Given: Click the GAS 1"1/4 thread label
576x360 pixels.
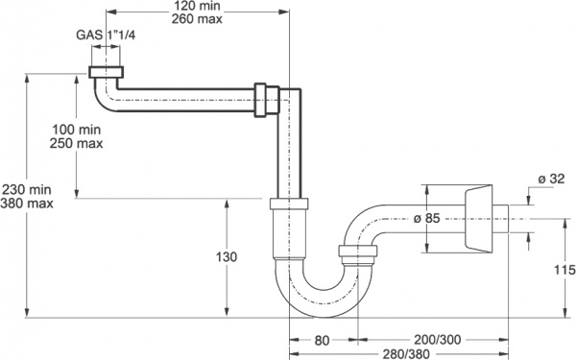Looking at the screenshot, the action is pyautogui.click(x=106, y=36).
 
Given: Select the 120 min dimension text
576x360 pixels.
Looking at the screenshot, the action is pyautogui.click(x=197, y=6).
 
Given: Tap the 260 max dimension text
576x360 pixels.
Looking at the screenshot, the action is pyautogui.click(x=197, y=19).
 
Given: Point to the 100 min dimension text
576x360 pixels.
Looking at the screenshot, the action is pyautogui.click(x=77, y=130).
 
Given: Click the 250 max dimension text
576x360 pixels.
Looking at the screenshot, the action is pyautogui.click(x=77, y=143).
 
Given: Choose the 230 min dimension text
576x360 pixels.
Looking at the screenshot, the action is pyautogui.click(x=27, y=189).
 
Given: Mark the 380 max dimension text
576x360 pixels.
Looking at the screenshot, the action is pyautogui.click(x=27, y=204).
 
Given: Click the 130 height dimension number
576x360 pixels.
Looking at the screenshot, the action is pyautogui.click(x=227, y=257).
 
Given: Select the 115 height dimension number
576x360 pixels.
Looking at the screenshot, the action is pyautogui.click(x=564, y=270).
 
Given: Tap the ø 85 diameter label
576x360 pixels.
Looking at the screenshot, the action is pyautogui.click(x=426, y=218).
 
